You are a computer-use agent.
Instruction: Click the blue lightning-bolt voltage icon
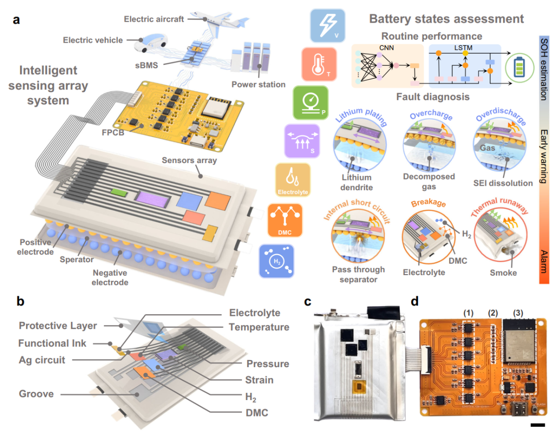pyautogui.click(x=327, y=26)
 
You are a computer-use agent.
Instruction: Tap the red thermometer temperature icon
pyautogui.click(x=319, y=64)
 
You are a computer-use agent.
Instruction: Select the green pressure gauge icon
pyautogui.click(x=310, y=103)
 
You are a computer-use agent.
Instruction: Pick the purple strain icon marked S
pyautogui.click(x=302, y=141)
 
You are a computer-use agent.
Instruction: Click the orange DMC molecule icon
pyautogui.click(x=285, y=220)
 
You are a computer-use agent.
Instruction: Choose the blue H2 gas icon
pyautogui.click(x=276, y=261)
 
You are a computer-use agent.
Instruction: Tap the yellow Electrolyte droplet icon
pyautogui.click(x=293, y=180)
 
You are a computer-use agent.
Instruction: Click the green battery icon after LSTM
pyautogui.click(x=519, y=67)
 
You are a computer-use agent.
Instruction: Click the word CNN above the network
pyautogui.click(x=386, y=48)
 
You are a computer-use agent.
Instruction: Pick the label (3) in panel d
pyautogui.click(x=518, y=313)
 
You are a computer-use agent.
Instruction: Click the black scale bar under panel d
pyautogui.click(x=538, y=425)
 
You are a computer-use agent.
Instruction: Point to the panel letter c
pyautogui.click(x=308, y=301)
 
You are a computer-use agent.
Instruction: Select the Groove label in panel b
pyautogui.click(x=36, y=394)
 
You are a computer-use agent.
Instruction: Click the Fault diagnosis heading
pyautogui.click(x=433, y=97)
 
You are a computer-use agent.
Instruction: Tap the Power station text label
pyautogui.click(x=258, y=84)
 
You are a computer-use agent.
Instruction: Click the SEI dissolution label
pyautogui.click(x=503, y=183)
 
